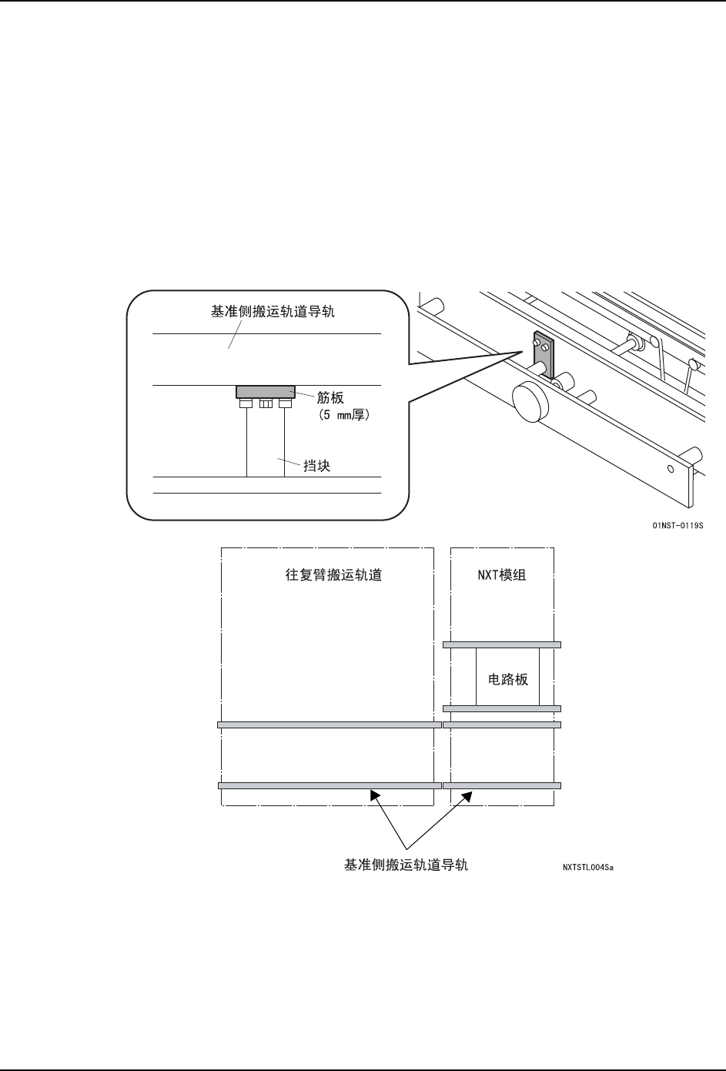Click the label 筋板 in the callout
tap(330, 398)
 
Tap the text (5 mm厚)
tap(343, 414)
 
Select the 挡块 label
tap(317, 466)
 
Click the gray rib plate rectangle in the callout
tap(265, 392)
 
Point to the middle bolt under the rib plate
tap(265, 403)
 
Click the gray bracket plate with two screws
tap(543, 350)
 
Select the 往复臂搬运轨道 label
tap(333, 575)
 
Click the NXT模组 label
tap(501, 575)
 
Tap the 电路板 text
tap(508, 680)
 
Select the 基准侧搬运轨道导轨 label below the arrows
tap(406, 865)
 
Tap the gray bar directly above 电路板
tap(502, 644)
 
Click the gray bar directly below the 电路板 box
tap(502, 708)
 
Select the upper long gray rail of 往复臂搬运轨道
tap(329, 725)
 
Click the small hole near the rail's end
tap(671, 468)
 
